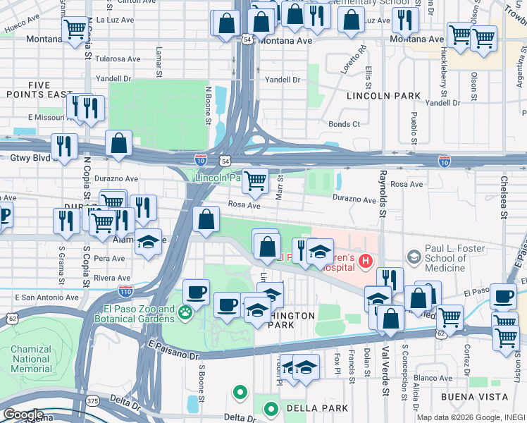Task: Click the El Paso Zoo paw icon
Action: (186, 312)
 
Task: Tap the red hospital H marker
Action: (365, 262)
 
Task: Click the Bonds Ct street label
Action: (344, 124)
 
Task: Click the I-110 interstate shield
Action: (125, 290)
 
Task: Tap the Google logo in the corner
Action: (23, 415)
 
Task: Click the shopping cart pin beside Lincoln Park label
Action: (255, 180)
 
